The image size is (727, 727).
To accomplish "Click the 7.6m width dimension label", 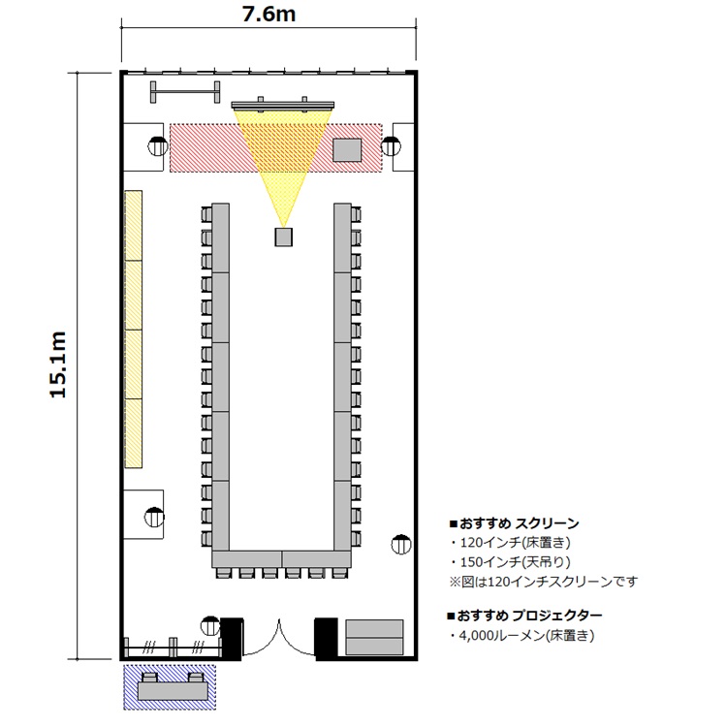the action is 269,14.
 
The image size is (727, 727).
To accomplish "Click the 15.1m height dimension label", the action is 58,364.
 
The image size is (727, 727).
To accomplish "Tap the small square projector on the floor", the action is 283,237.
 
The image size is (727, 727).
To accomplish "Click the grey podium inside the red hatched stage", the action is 347,149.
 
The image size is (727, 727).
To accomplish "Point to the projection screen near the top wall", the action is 283,106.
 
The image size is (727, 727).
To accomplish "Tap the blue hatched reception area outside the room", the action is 170,687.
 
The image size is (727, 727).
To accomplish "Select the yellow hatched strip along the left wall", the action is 134,330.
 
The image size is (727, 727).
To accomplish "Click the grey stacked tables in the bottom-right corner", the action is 374,637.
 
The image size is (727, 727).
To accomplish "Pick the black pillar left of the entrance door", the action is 232,637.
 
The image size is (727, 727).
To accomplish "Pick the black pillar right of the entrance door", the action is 327,637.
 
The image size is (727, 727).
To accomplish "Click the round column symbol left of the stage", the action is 158,146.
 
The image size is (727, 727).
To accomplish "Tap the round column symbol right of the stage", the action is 391,146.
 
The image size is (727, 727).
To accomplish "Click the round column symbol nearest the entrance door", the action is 210,626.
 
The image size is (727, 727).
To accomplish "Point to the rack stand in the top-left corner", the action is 185,92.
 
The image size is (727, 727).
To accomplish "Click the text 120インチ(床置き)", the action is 515,543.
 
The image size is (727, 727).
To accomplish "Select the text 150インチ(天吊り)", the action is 515,562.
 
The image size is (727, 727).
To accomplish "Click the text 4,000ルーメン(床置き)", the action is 526,635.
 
